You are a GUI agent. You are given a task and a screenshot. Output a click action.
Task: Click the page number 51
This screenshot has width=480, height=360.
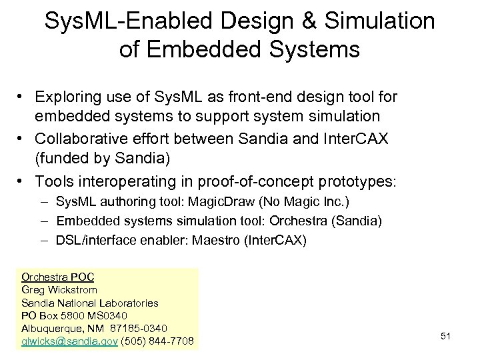pyautogui.click(x=446, y=336)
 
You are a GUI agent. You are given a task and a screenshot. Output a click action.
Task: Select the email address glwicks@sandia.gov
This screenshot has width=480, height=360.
pyautogui.click(x=70, y=341)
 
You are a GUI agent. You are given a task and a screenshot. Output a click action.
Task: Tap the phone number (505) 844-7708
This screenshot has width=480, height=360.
pyautogui.click(x=158, y=341)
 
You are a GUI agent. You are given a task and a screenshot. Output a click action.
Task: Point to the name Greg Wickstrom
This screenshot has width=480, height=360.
pyautogui.click(x=59, y=289)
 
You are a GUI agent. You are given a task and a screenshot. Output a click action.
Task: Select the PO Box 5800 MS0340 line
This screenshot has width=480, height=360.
pyautogui.click(x=74, y=315)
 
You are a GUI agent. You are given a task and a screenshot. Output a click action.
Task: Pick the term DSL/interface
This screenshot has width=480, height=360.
pyautogui.click(x=91, y=240)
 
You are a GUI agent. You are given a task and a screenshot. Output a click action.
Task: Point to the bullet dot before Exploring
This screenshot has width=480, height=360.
pyautogui.click(x=23, y=98)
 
